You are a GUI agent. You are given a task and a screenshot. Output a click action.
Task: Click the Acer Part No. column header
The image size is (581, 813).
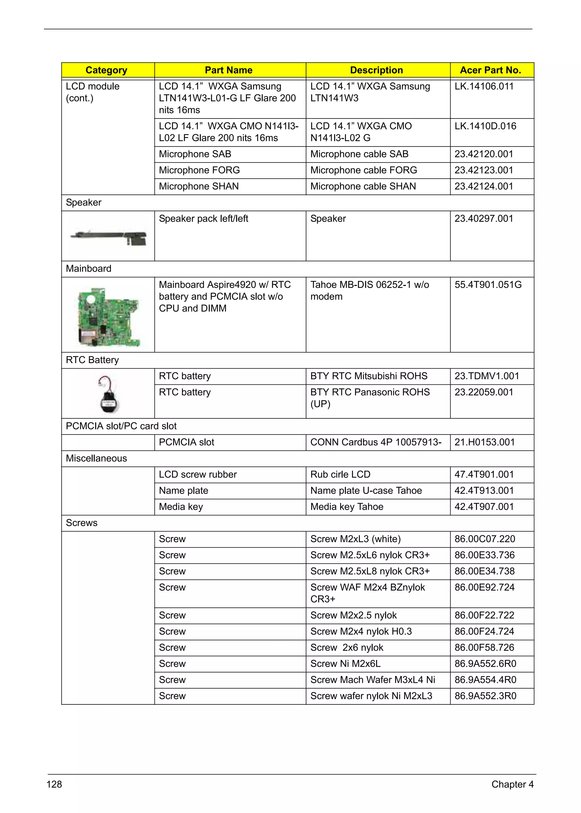click(490, 70)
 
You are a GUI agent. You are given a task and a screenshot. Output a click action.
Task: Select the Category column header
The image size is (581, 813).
click(106, 70)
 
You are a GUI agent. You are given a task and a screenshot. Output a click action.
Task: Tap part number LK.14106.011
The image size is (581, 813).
click(484, 86)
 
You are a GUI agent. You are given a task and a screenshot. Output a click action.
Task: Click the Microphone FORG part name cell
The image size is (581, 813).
click(199, 170)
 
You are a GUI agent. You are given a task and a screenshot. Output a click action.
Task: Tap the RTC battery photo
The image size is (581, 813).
click(108, 394)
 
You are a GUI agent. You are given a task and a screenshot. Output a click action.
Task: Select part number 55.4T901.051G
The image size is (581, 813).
click(488, 285)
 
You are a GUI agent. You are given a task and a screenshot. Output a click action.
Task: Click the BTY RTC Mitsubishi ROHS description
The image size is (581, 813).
click(369, 376)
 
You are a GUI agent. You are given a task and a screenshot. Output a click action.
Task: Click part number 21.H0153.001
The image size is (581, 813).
click(485, 442)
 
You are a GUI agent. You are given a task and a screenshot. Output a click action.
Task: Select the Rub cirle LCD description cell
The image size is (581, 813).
click(340, 475)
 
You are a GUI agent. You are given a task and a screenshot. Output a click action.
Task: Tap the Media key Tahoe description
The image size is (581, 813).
click(346, 507)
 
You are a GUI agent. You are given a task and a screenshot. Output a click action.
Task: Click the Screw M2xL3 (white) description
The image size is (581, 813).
click(355, 539)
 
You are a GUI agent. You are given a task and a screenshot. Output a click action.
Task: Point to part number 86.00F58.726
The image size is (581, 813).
click(484, 647)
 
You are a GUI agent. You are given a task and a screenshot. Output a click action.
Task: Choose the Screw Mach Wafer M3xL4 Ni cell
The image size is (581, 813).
click(372, 680)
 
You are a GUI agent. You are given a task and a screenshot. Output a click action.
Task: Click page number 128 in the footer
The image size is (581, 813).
click(54, 784)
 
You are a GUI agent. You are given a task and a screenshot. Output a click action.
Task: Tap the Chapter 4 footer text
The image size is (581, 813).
click(512, 784)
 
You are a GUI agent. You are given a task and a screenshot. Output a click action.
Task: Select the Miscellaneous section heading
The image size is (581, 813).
click(96, 458)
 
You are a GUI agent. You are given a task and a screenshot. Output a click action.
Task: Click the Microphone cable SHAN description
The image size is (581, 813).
click(363, 186)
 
